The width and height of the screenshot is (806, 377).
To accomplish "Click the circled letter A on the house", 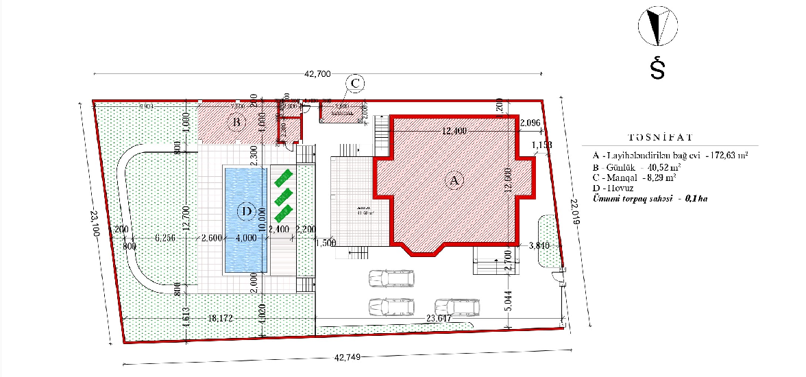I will coord(452,180).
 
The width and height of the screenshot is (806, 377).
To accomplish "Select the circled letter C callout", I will coord(355,83).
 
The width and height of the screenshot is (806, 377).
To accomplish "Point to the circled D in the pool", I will coord(246,211).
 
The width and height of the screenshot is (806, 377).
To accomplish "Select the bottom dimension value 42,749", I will coord(348,357).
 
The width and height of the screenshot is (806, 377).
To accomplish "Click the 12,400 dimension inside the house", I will coord(454,131).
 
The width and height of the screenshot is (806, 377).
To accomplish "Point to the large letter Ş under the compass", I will coord(657,68).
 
